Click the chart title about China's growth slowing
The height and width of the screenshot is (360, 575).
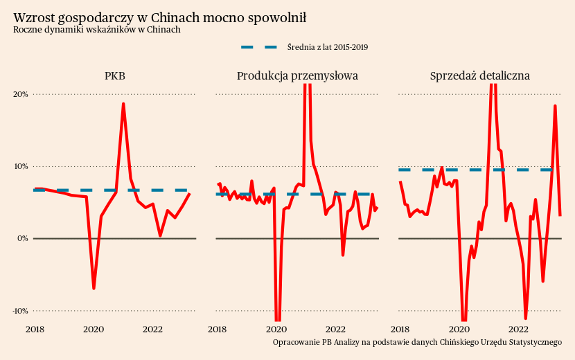[x=159, y=17]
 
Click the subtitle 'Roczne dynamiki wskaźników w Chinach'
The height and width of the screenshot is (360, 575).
[x=96, y=30]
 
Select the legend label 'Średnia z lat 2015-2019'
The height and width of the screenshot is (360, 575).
[x=327, y=47]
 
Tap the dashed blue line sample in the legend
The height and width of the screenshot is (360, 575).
[x=259, y=47]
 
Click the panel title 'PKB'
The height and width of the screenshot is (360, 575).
[x=115, y=75]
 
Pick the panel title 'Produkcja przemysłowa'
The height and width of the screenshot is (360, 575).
[x=297, y=75]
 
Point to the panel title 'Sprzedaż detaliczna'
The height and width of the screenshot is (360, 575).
[x=479, y=75]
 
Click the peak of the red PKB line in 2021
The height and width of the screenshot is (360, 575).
[x=123, y=104]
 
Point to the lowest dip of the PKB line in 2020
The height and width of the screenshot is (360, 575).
[x=94, y=288]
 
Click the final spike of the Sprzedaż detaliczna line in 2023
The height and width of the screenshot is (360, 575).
[x=555, y=106]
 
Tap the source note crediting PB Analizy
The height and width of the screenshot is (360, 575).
[x=417, y=343]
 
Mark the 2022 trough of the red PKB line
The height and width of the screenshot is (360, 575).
[x=160, y=235]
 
